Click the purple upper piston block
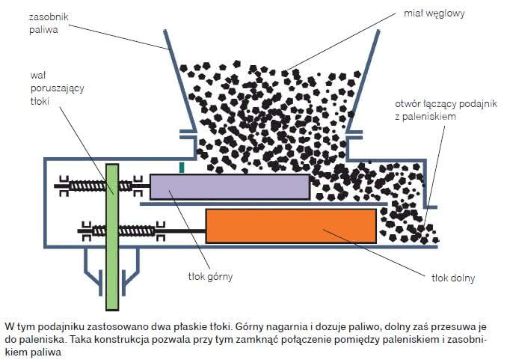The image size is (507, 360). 230,187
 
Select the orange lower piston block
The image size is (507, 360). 291,226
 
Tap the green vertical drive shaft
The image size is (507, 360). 112,237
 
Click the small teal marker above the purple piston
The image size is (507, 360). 182,168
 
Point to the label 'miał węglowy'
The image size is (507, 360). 434,13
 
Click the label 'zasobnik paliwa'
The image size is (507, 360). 49,23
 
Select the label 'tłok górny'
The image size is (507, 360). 210,277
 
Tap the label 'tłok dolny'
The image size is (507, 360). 453,278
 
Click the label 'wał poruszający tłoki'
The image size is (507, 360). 57,88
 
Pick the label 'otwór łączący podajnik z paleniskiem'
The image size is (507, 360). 446,110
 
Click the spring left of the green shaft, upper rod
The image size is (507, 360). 87,186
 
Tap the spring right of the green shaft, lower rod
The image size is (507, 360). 137,231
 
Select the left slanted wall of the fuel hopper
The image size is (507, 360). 179,80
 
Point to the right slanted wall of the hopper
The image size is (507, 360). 363,81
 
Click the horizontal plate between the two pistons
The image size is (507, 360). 263,204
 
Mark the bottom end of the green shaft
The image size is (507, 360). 112,310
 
